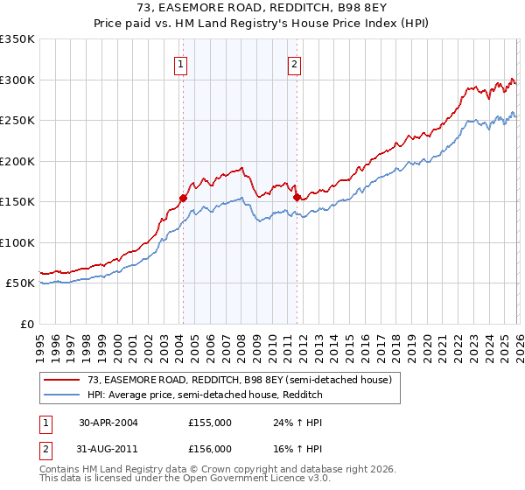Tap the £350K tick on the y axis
coord(17,39)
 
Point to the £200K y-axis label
coord(17,161)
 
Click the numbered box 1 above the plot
coord(180,64)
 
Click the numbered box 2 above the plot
coord(295,64)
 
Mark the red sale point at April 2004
coord(184,198)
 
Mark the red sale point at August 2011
coord(297,197)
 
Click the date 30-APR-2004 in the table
coord(108,423)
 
